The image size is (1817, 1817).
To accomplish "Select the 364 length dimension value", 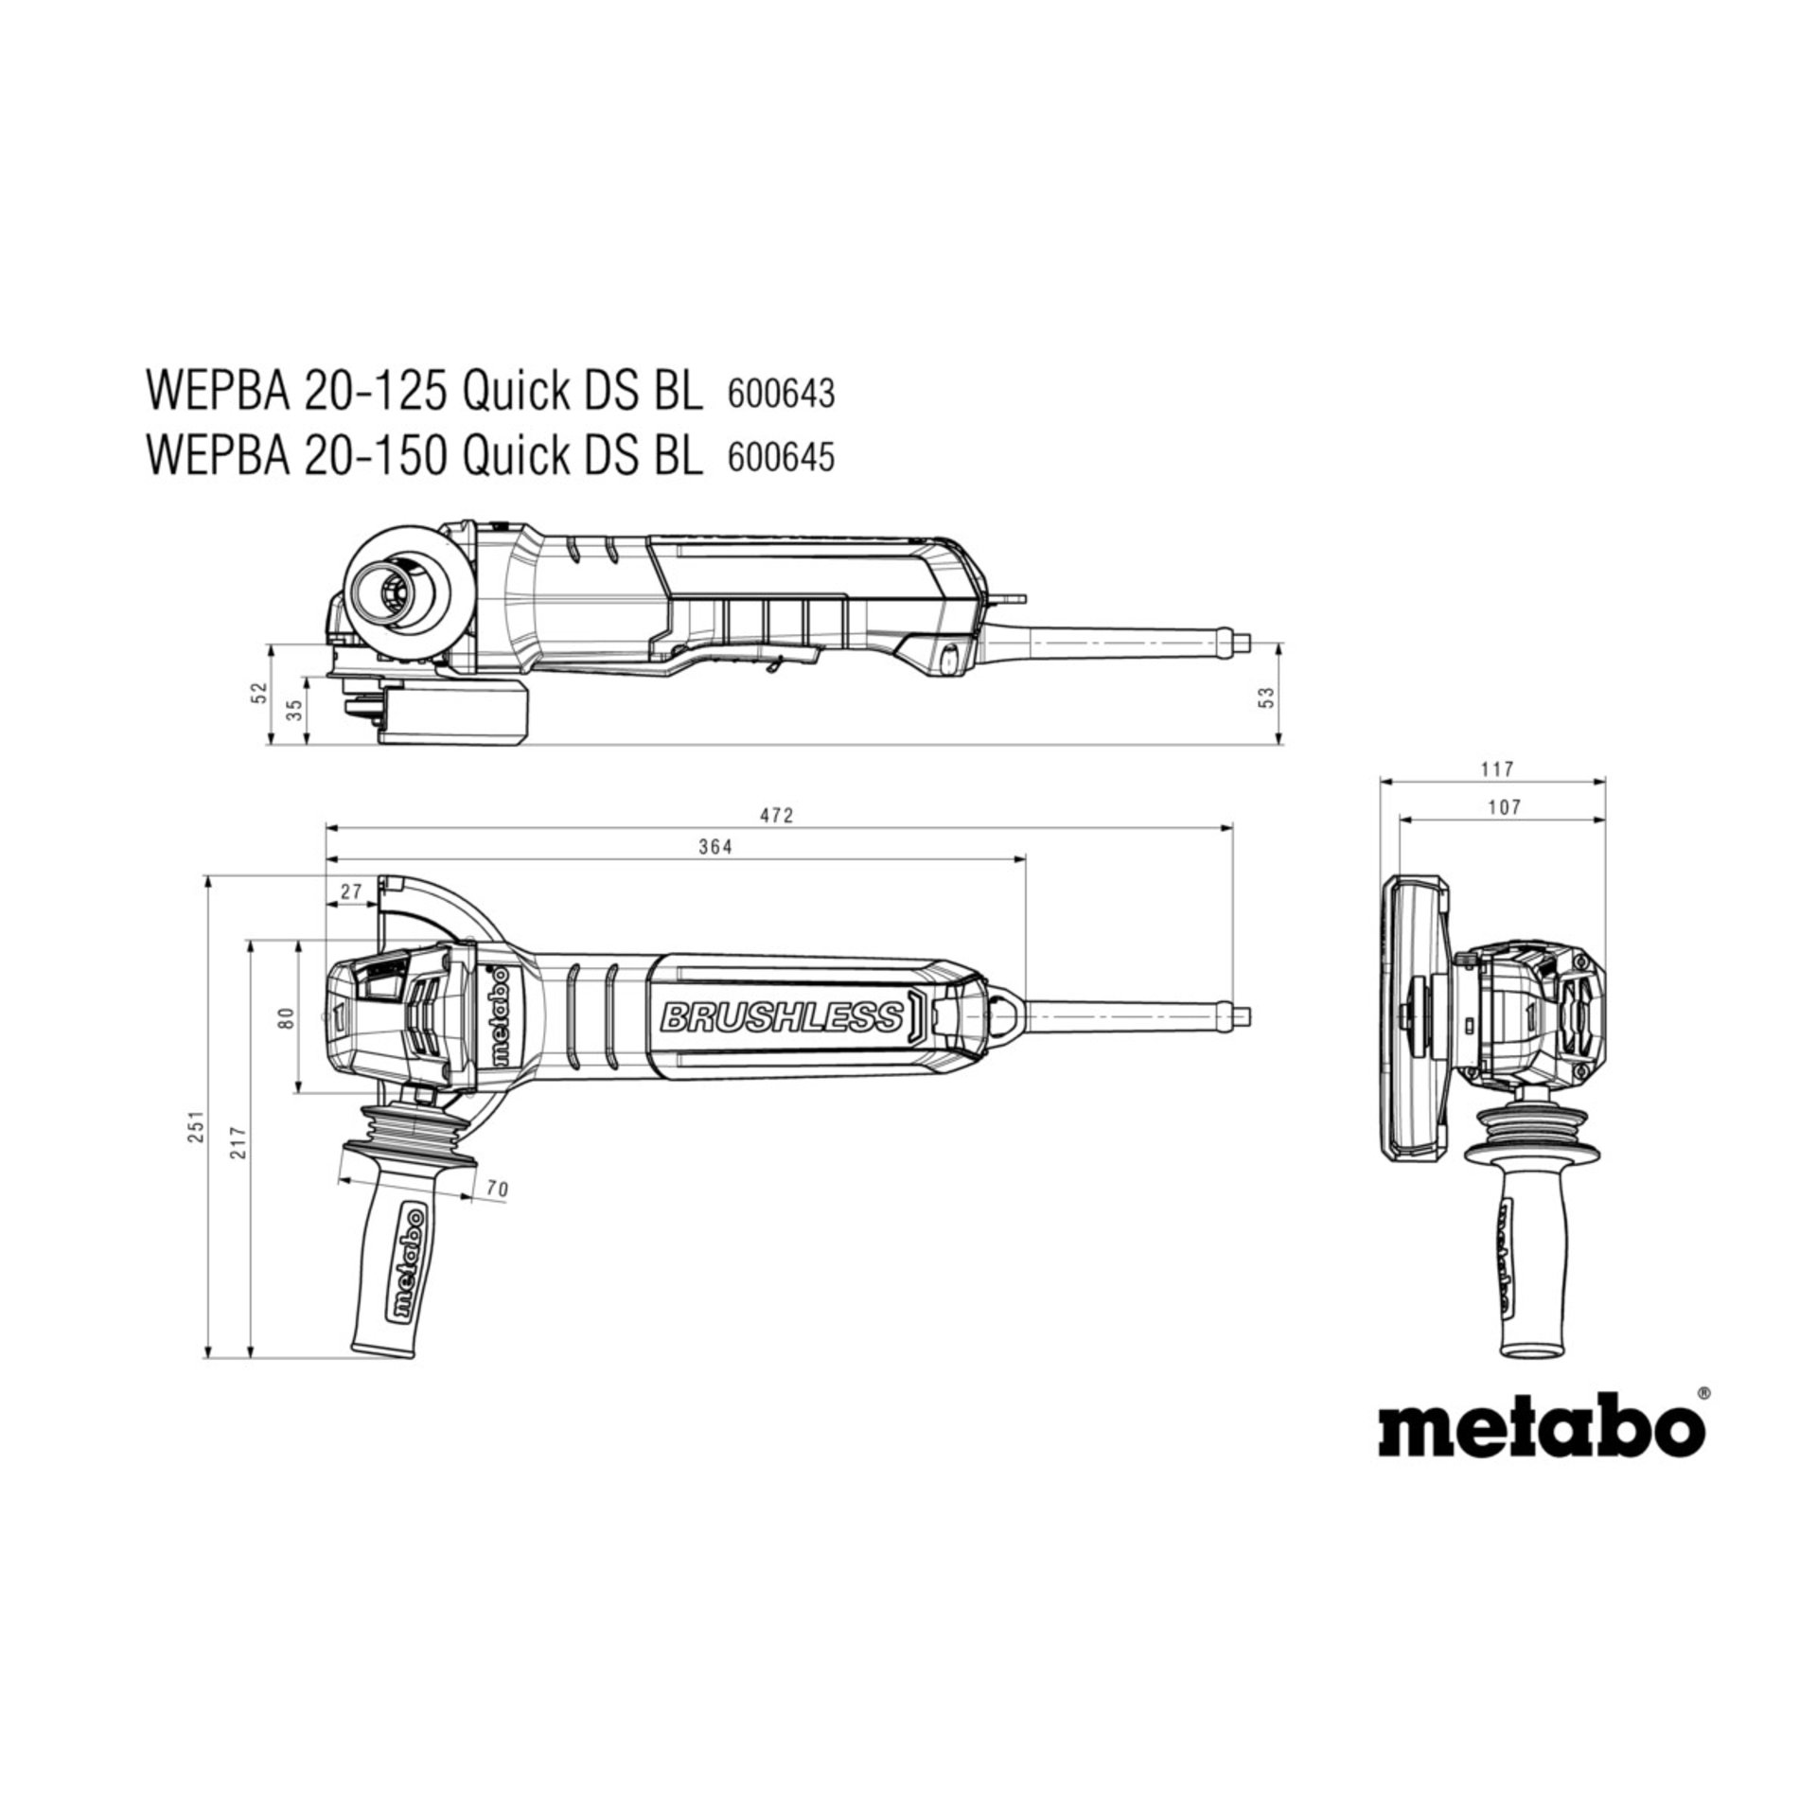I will pyautogui.click(x=716, y=847).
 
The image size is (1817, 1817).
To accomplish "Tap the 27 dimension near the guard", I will pyautogui.click(x=351, y=891).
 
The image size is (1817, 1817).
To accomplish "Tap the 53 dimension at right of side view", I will pyautogui.click(x=1269, y=697).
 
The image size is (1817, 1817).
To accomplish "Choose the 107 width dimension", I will pyautogui.click(x=1504, y=806).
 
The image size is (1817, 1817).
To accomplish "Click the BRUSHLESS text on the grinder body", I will pyautogui.click(x=782, y=1017).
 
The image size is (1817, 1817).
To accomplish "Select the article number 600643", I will pyautogui.click(x=781, y=394).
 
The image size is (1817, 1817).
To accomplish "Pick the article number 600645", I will pyautogui.click(x=781, y=458).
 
